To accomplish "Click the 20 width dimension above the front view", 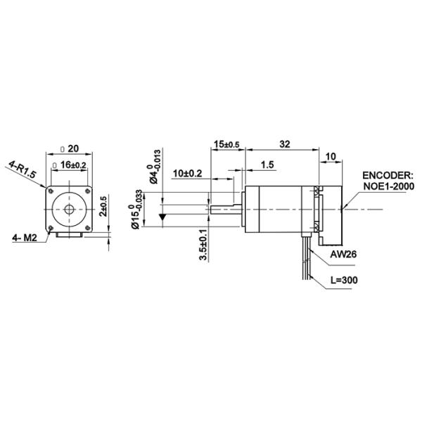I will [72, 149].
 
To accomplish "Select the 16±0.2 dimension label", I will [72, 165].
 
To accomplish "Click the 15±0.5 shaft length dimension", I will [226, 144].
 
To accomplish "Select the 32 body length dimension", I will [285, 144].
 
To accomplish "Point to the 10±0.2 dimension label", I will [186, 173].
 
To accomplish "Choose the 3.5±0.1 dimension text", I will [203, 245].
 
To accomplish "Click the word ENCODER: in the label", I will [387, 176].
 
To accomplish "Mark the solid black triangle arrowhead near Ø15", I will [163, 218].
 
